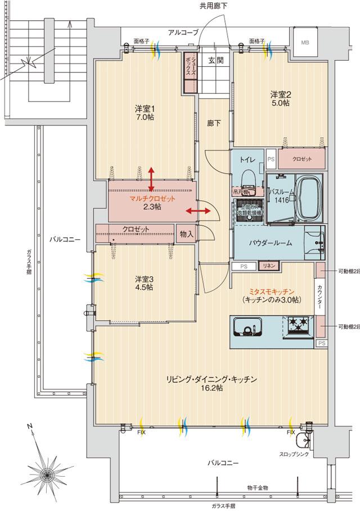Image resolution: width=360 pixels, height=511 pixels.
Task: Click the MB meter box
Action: pos(304,42)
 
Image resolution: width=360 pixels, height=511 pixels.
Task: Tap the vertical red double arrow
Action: pos(151,179)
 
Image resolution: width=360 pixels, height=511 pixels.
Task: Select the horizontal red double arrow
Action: pos(199,211)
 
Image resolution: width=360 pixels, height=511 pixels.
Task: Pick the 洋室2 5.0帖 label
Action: pos(280,99)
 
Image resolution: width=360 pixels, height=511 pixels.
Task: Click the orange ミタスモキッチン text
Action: pos(272,291)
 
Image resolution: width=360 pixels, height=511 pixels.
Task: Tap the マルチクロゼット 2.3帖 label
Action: pos(152,203)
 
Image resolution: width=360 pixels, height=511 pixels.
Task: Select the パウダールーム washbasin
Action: pos(314,241)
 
